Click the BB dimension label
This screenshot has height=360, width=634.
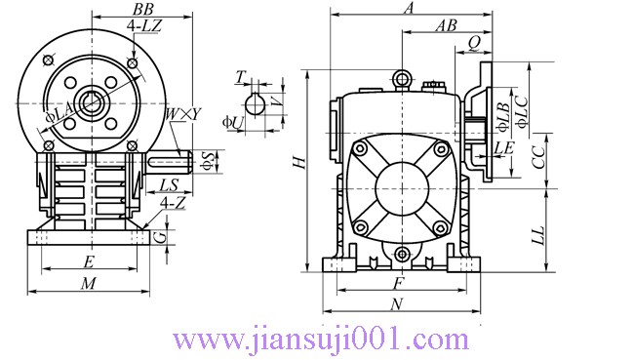click(x=142, y=9)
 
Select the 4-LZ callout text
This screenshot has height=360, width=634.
click(x=144, y=26)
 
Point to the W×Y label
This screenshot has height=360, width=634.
click(x=182, y=115)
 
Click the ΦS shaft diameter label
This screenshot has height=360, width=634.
click(x=208, y=161)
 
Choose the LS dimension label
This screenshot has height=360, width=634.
click(x=169, y=185)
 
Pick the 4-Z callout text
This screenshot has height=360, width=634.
click(x=173, y=203)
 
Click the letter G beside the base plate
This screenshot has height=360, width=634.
click(x=161, y=237)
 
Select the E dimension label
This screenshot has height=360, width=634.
click(x=89, y=262)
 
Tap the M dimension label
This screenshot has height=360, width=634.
click(x=88, y=284)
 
